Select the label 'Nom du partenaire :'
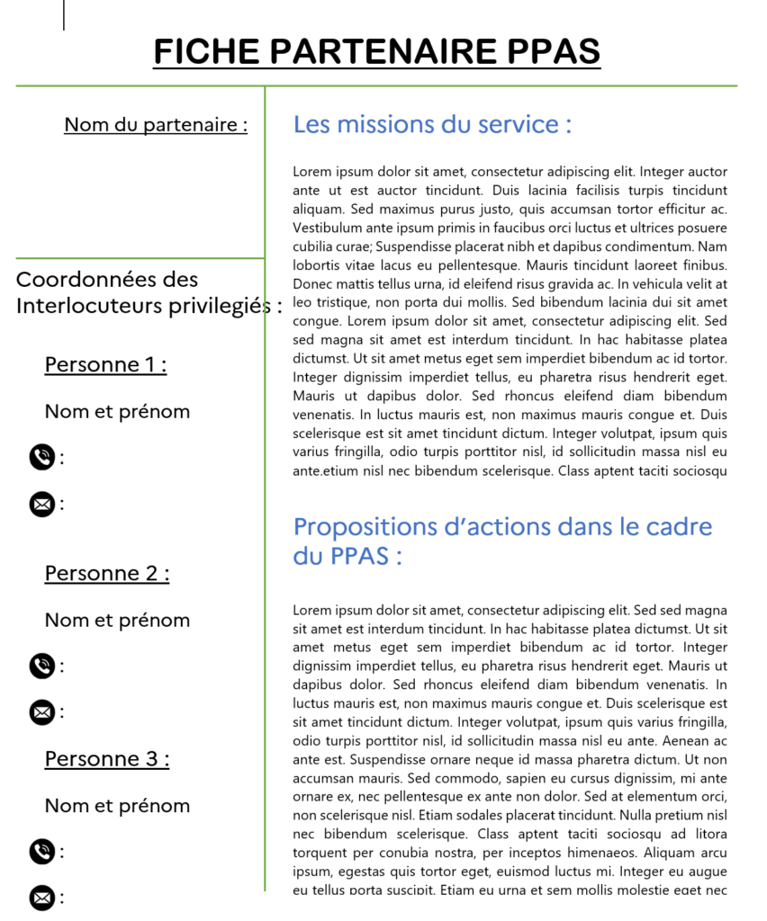click(156, 125)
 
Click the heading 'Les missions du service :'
click(432, 124)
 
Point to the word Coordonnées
click(107, 280)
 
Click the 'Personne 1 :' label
click(106, 364)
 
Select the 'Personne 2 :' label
click(107, 573)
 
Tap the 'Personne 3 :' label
click(107, 759)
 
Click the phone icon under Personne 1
click(41, 458)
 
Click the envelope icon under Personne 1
click(41, 505)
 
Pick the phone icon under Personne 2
click(41, 666)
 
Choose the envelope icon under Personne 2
click(41, 713)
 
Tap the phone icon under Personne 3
click(41, 851)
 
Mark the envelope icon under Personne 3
click(41, 898)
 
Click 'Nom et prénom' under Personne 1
click(117, 412)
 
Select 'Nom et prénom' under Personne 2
click(117, 621)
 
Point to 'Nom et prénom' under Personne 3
click(117, 806)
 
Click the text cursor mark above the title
click(64, 14)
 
